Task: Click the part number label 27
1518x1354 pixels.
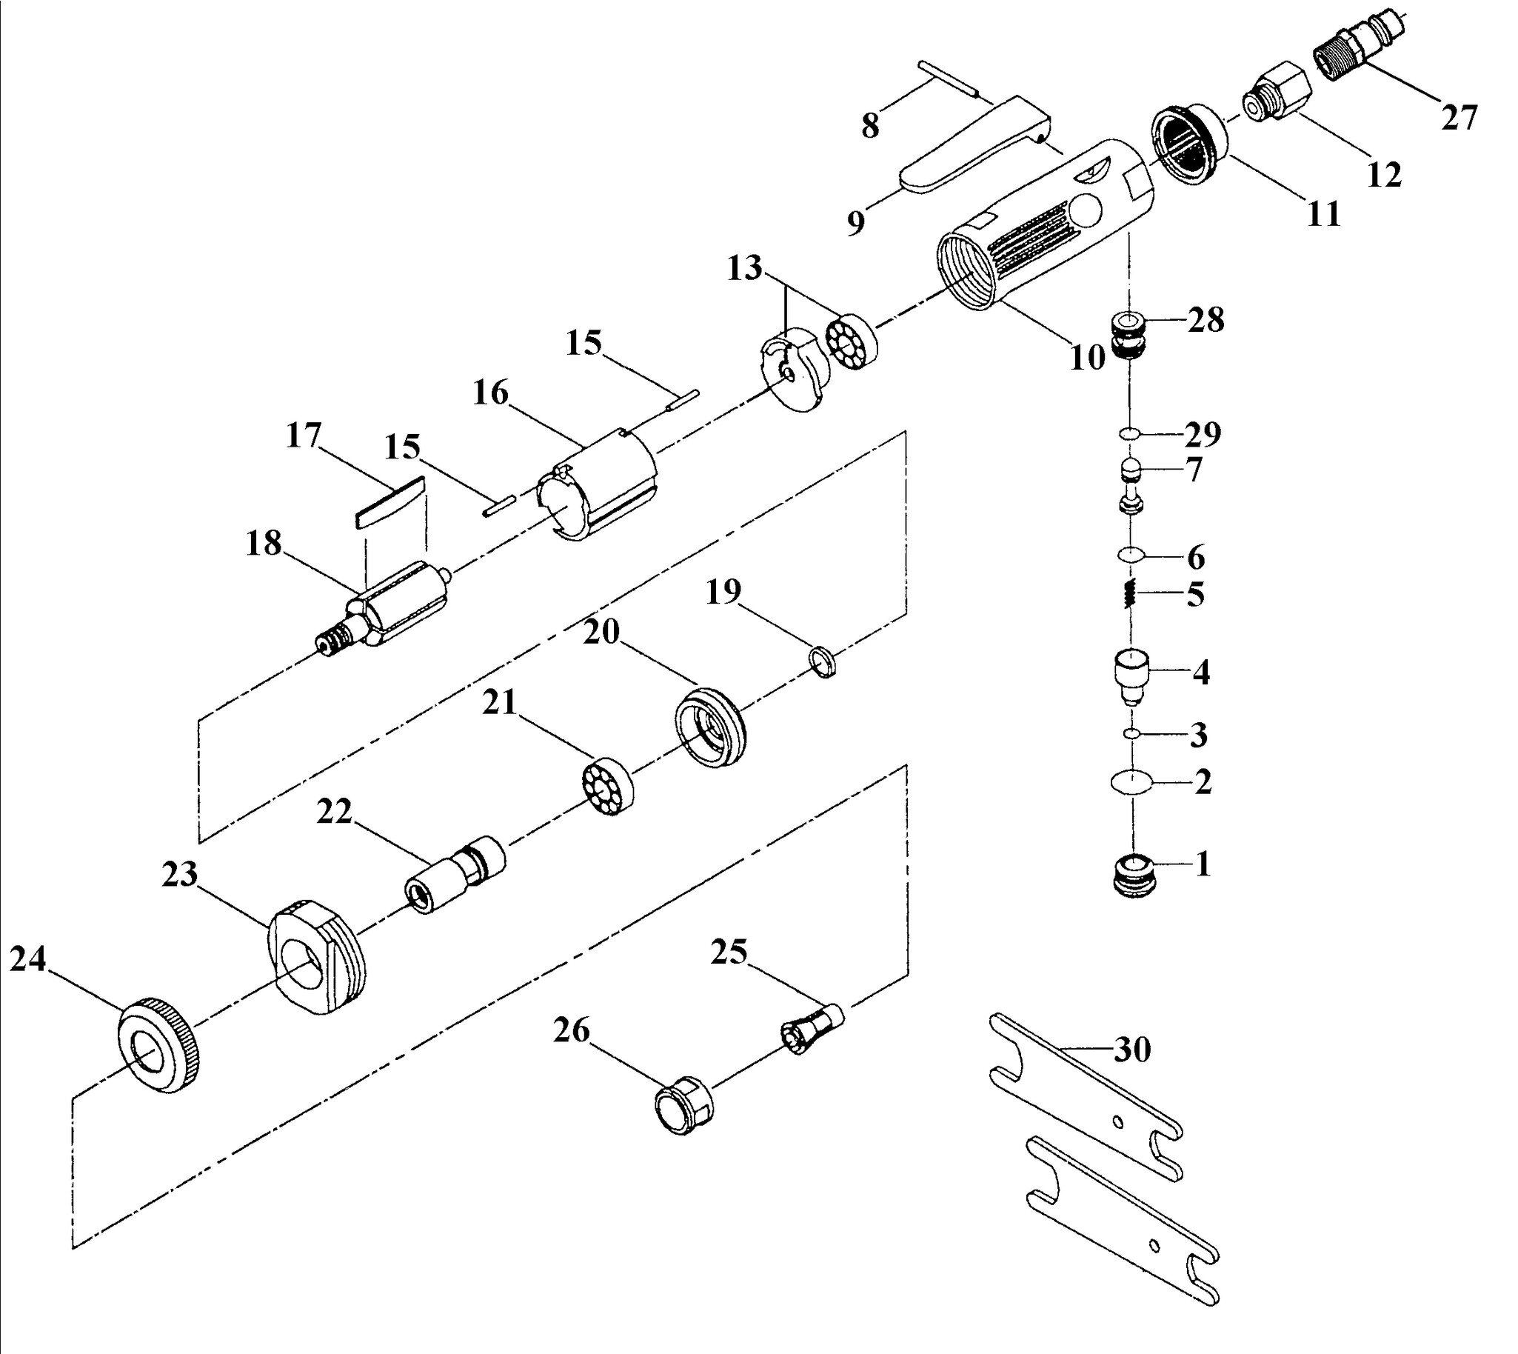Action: click(x=1458, y=117)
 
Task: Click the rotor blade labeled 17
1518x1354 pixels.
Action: click(x=389, y=502)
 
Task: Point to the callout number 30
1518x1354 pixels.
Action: click(x=1132, y=1050)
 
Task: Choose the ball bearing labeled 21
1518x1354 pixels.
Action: click(x=607, y=787)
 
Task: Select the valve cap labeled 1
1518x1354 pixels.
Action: click(x=1132, y=876)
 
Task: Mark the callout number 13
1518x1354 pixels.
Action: click(x=745, y=268)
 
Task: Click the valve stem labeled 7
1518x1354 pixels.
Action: click(x=1131, y=485)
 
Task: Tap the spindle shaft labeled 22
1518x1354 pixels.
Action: click(x=455, y=876)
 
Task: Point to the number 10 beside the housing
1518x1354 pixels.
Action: click(x=1087, y=358)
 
